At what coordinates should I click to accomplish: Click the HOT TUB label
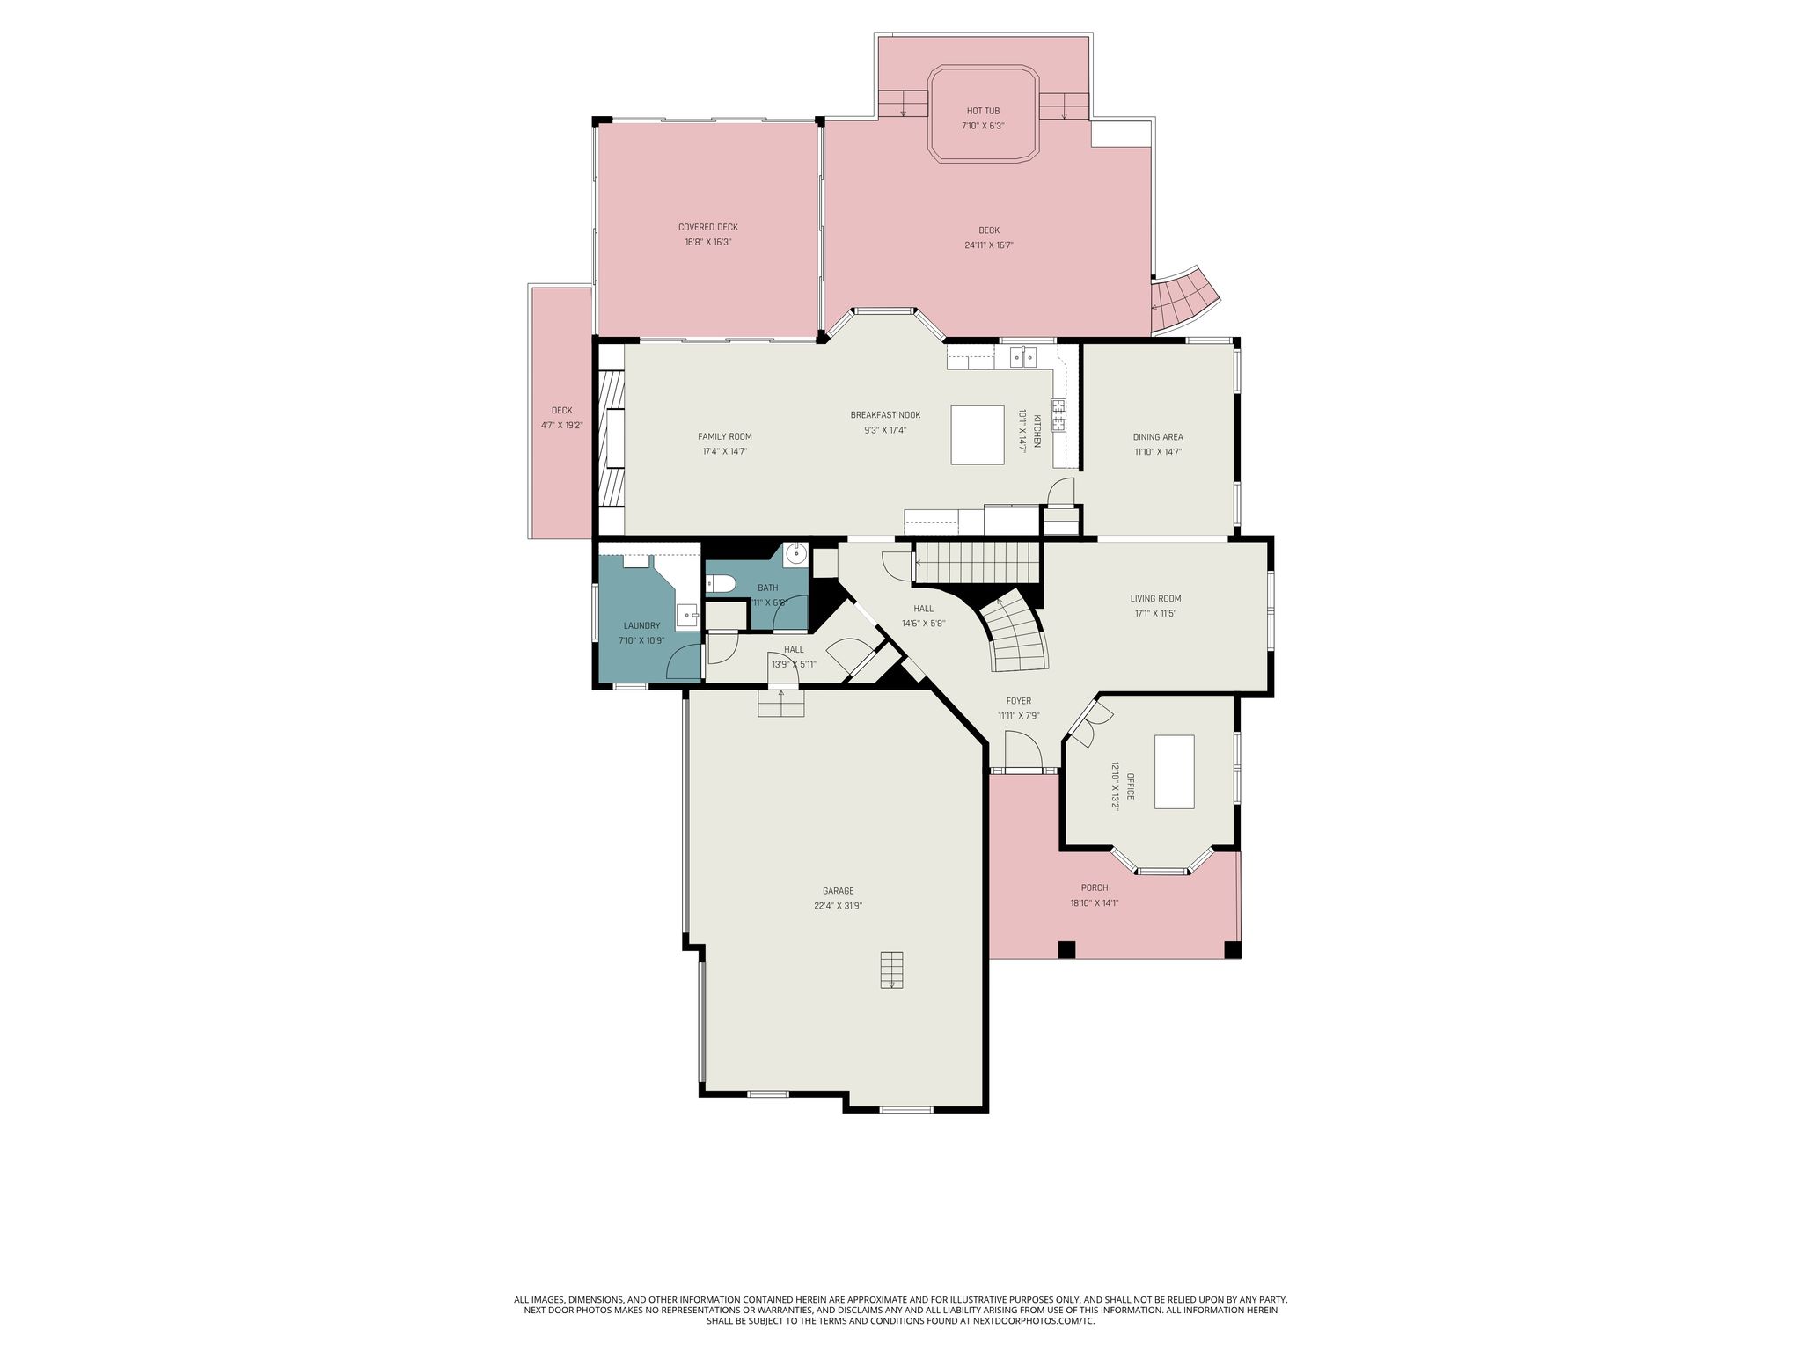point(983,111)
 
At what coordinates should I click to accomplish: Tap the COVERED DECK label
point(707,227)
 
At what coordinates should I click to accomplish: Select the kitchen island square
point(977,434)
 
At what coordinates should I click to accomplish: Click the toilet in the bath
point(721,582)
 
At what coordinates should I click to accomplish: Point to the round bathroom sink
point(796,553)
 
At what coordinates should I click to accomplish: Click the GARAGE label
point(838,891)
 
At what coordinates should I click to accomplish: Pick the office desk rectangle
point(1175,771)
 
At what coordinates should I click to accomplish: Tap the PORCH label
point(1095,887)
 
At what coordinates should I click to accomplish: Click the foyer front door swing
point(1023,750)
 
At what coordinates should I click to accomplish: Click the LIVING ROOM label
point(1155,599)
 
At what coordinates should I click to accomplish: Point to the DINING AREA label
point(1157,436)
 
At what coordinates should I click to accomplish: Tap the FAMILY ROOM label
point(725,436)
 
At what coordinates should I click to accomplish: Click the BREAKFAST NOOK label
point(885,415)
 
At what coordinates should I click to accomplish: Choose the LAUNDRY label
point(641,626)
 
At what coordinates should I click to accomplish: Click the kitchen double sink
point(1023,357)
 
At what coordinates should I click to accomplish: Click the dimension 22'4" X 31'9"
point(838,906)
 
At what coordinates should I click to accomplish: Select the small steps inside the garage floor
point(892,969)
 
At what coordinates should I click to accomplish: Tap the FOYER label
point(1019,701)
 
